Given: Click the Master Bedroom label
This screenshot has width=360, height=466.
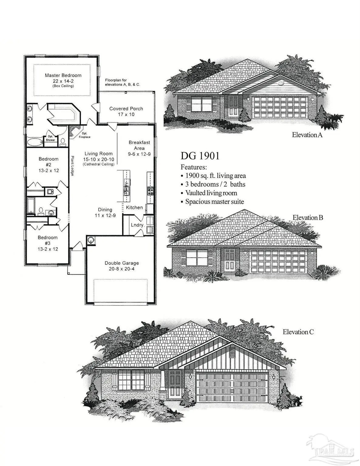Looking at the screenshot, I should tap(63, 75).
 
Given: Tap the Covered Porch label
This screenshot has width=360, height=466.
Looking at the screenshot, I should tap(126, 109).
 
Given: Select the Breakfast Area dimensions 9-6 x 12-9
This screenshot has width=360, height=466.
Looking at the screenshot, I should tap(139, 154).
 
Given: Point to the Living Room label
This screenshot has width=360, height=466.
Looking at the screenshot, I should tap(98, 154).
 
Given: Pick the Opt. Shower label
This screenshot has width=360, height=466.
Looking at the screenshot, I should tap(50, 138).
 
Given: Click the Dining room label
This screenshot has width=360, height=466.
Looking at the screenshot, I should tap(105, 210).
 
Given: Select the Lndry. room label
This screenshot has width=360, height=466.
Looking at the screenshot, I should tap(137, 225).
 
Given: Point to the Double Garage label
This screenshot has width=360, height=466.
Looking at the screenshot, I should tap(122, 263).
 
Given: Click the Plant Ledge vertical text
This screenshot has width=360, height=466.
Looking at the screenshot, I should tap(73, 166).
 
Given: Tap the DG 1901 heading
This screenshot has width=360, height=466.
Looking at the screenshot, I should tap(200, 156).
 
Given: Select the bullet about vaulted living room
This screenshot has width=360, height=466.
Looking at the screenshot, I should tap(211, 193).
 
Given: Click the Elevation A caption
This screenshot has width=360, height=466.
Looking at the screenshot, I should tap(307, 135).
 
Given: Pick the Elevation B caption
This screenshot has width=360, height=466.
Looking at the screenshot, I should tap(308, 218).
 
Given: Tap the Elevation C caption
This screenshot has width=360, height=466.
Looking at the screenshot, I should tap(298, 332).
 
